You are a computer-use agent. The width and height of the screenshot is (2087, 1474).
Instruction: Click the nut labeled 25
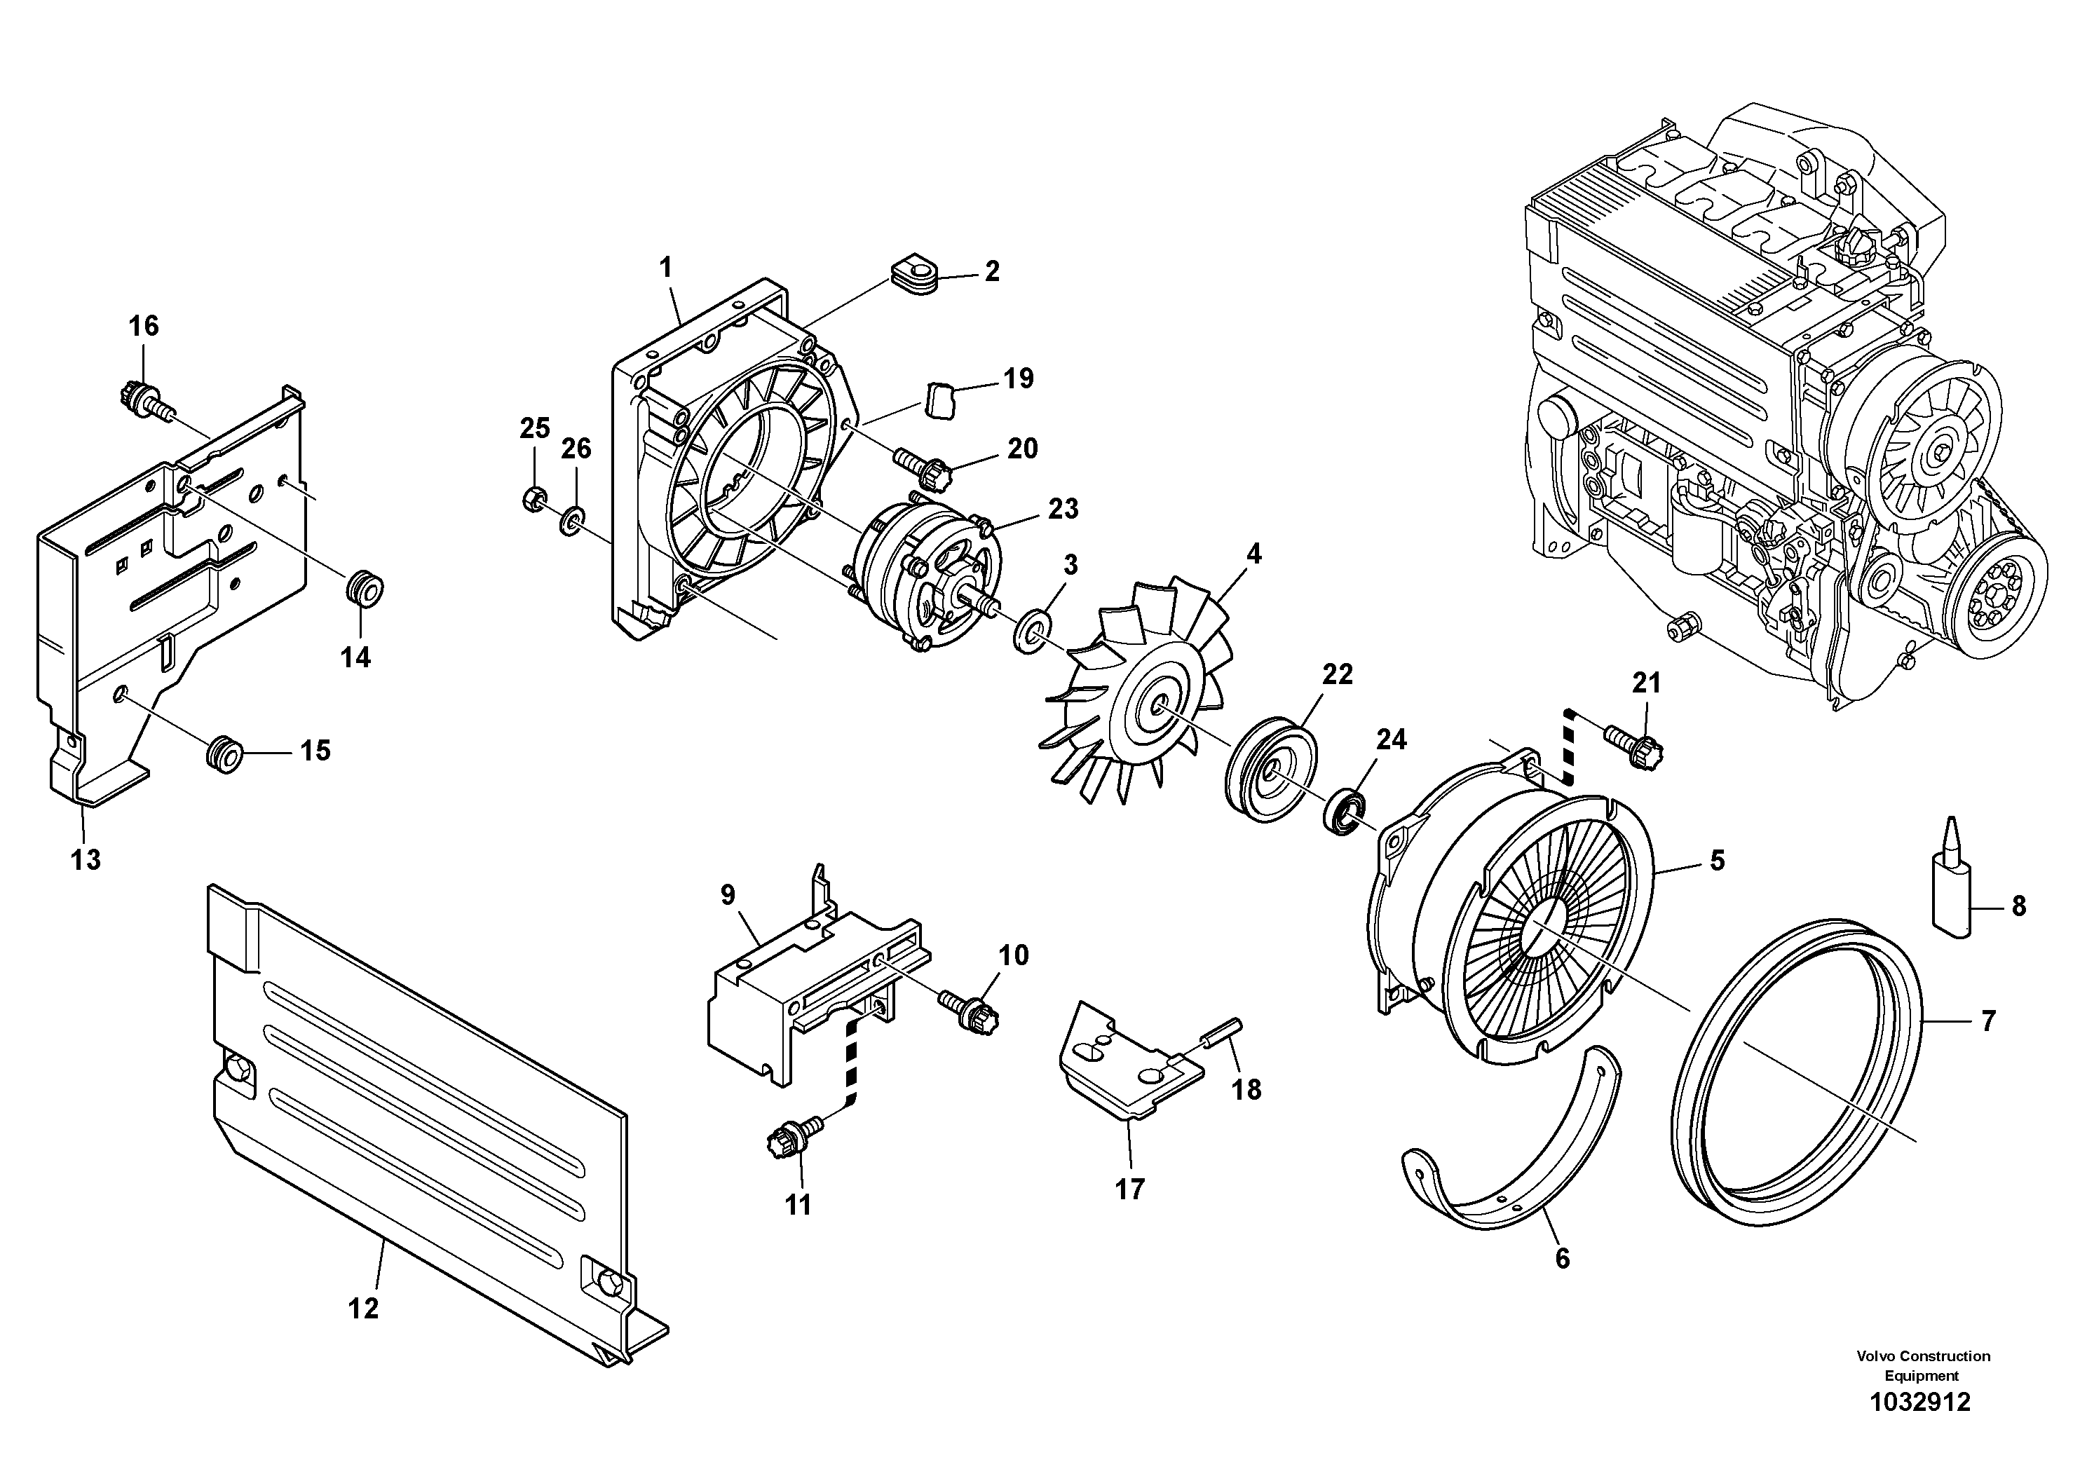coord(534,498)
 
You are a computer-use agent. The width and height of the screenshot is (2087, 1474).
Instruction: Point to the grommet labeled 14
coord(365,587)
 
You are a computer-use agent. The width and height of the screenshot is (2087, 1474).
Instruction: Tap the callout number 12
coord(362,1309)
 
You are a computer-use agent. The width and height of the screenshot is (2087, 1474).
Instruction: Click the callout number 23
coord(1063,509)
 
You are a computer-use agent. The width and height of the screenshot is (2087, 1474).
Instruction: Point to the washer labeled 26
coord(573,521)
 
